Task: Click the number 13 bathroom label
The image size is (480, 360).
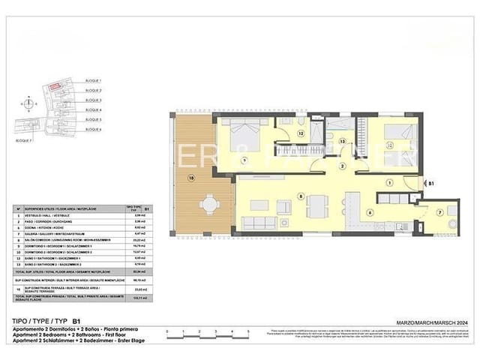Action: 341,140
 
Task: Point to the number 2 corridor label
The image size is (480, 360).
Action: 341,166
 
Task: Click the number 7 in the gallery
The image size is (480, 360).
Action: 440,211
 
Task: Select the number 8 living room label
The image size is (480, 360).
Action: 301,197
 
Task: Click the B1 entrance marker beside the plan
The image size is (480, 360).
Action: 432,182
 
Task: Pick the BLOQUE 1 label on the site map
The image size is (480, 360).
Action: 94,80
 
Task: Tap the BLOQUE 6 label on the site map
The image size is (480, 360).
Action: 94,129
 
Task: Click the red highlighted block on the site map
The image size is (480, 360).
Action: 55,88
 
